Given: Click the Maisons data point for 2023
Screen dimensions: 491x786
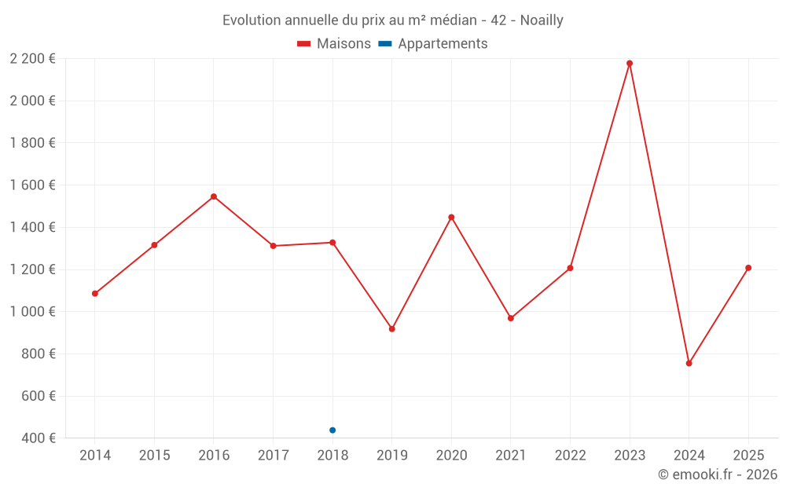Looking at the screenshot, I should click(630, 63).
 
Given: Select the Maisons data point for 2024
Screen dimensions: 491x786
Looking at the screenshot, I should click(689, 363).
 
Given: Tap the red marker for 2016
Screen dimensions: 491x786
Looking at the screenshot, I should click(214, 196).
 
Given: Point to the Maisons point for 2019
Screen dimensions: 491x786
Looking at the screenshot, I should click(392, 328).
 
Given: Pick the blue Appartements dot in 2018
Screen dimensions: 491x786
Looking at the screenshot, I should click(332, 430).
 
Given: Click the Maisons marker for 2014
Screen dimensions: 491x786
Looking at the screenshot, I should click(95, 294).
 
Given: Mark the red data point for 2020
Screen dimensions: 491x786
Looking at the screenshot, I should click(451, 217).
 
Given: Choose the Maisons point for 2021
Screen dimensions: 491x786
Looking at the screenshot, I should click(511, 318).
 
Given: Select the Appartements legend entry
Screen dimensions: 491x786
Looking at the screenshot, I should click(433, 44).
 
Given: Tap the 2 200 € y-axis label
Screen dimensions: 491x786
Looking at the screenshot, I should click(32, 58).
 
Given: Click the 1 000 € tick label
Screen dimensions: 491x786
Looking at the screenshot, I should click(32, 312).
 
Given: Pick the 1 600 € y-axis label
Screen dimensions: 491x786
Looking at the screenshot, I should click(32, 185).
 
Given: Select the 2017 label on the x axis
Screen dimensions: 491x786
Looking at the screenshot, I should click(273, 456).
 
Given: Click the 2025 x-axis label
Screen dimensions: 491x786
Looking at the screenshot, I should click(748, 456).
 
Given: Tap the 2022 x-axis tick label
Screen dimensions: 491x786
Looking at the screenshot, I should click(570, 456).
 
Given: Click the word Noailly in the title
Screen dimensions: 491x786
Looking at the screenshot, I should click(542, 20).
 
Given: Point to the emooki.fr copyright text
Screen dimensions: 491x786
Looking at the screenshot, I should click(718, 475).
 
